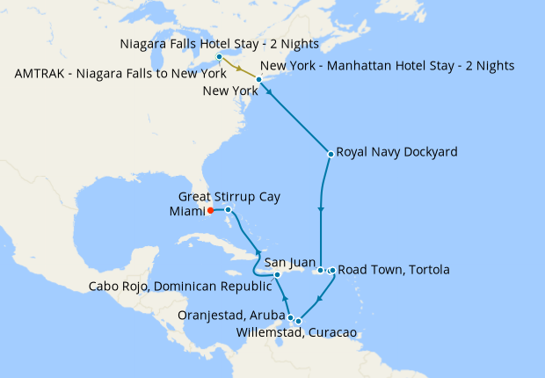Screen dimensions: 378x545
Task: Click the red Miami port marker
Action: click(x=210, y=211)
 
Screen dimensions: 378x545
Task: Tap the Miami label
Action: click(x=185, y=211)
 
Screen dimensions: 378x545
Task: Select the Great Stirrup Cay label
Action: click(x=229, y=197)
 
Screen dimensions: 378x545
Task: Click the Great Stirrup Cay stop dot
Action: click(x=228, y=209)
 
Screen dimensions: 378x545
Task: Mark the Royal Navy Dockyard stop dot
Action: click(x=330, y=154)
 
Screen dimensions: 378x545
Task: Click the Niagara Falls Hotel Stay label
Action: click(x=219, y=43)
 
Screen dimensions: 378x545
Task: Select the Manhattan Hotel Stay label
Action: click(x=388, y=66)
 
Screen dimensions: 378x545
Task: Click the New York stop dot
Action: click(x=258, y=80)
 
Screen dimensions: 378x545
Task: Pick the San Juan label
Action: click(x=290, y=262)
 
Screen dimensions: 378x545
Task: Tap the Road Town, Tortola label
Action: click(x=393, y=270)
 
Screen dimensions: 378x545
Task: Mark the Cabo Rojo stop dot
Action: click(x=277, y=275)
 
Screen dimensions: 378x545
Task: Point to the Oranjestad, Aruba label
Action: click(x=231, y=315)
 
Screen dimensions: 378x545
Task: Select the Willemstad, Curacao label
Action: click(x=296, y=332)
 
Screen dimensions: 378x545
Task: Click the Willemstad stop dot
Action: click(x=299, y=321)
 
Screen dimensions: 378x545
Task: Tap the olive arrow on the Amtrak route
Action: click(x=240, y=69)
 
